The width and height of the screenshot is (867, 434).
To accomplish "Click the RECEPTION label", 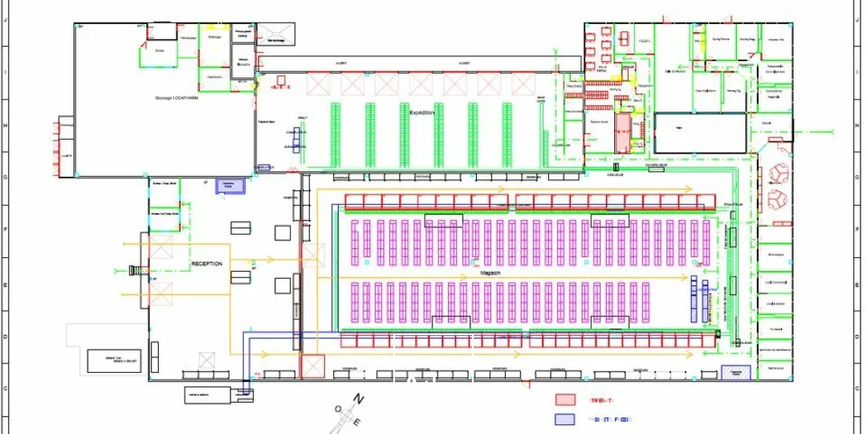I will pos(206,264).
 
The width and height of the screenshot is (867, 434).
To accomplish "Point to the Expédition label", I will pos(421,113).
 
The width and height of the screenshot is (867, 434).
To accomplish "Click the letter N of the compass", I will pos(359,399).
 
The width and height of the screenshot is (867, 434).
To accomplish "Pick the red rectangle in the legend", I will pos(567,399).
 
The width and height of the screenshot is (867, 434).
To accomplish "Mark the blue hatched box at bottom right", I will pos(731,373).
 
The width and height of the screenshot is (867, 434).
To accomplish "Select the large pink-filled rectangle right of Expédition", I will pos(622,133).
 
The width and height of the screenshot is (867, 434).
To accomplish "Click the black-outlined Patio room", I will pos(699,132).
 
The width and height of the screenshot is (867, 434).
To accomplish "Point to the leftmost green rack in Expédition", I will pos(336,134).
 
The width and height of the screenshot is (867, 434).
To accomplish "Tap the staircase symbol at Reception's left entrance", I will pos(144,271).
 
